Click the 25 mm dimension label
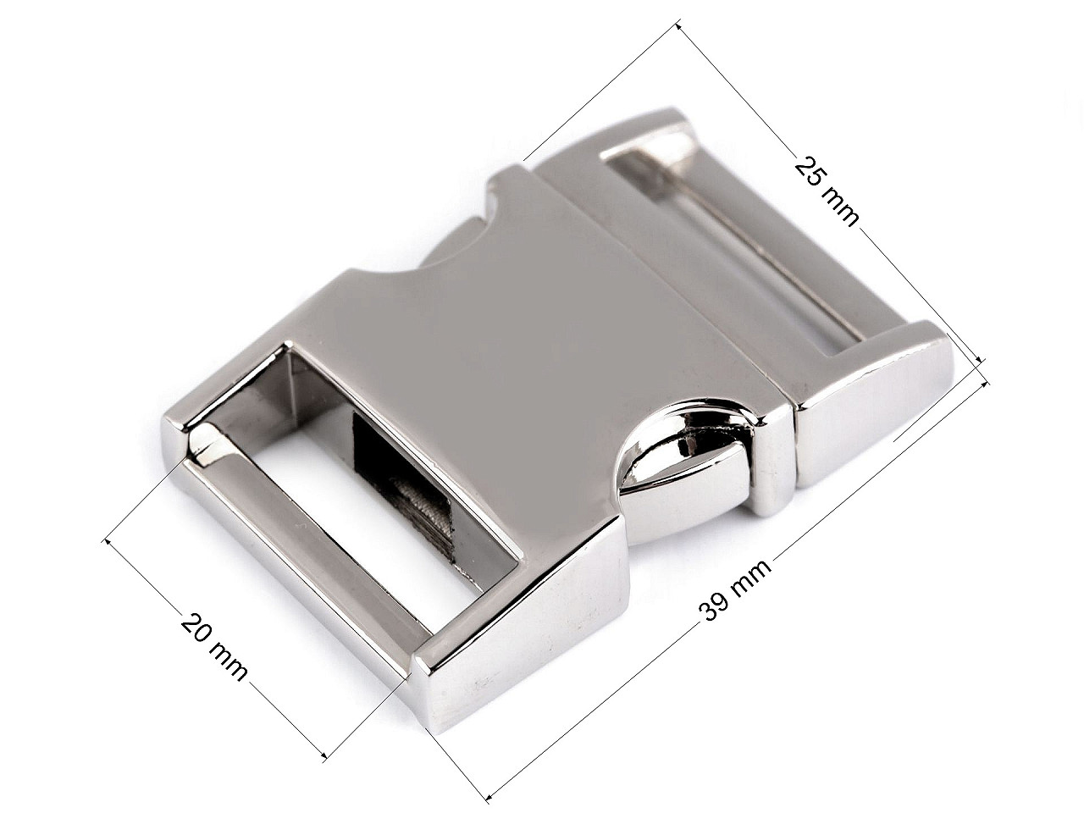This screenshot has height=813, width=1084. tap(826, 191)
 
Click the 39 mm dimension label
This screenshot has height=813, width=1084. tap(735, 596)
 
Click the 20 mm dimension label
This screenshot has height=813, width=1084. tap(213, 647)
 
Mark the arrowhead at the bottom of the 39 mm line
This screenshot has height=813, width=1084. tap(489, 795)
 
